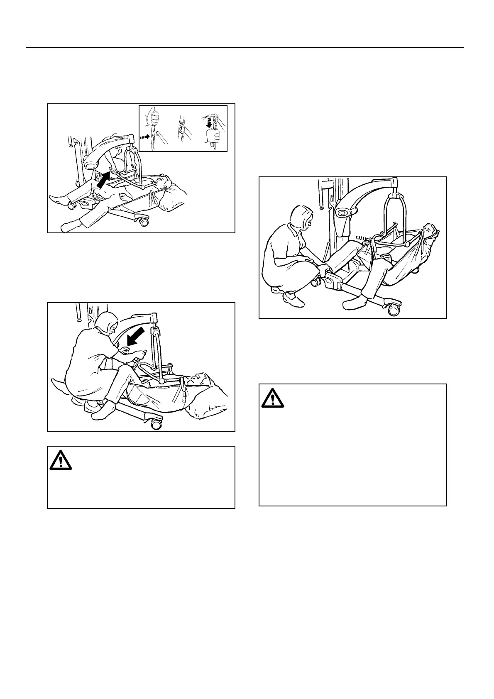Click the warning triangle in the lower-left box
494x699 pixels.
[61, 460]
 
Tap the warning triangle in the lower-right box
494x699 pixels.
[272, 398]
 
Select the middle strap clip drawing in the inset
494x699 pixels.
[181, 129]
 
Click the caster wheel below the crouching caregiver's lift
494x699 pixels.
[156, 424]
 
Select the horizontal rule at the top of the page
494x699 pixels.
[245, 47]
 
